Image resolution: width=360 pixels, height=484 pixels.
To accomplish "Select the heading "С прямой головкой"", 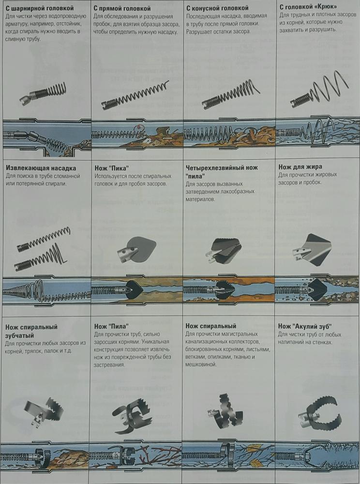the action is (122, 8).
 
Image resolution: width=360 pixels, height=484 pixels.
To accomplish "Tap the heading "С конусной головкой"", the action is (217, 8).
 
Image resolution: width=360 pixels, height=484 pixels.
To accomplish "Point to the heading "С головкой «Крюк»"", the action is (308, 7).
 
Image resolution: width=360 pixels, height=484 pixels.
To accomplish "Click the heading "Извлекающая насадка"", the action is (41, 168).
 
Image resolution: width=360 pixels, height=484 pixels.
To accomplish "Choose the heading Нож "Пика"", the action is (112, 168).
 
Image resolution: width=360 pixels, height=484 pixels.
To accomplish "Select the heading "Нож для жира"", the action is (300, 167).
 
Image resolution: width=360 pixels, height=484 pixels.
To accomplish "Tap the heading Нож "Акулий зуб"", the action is (305, 326).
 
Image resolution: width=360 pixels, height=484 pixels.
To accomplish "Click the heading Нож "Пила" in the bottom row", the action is (111, 326).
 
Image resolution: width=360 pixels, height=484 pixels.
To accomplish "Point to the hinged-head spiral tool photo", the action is (43, 93).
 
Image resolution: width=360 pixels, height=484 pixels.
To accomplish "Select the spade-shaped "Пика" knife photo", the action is (136, 249).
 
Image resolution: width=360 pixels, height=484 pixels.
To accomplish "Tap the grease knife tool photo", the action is (312, 249).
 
